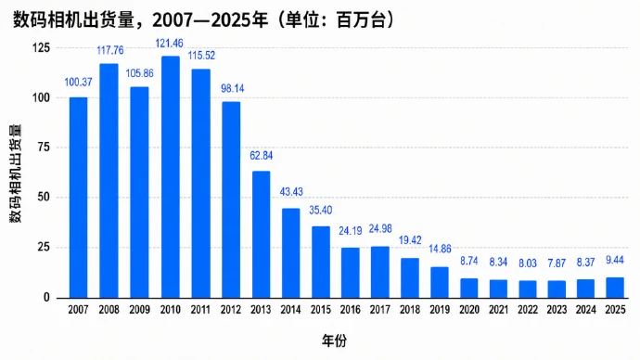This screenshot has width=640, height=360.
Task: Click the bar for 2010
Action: point(171,177)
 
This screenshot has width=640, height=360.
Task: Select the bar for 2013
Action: point(261,235)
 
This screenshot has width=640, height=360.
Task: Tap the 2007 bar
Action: point(78,198)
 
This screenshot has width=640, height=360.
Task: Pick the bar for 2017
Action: point(380,272)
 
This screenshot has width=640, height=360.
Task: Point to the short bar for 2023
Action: point(557,289)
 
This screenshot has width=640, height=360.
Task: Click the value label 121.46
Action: point(170,43)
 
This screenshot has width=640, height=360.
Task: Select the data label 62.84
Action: point(262,156)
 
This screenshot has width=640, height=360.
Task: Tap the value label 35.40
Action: point(320,211)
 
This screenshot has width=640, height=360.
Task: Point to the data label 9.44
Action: point(615,260)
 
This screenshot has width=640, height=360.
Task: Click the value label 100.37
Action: point(78,82)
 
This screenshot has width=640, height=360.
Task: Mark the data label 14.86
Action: point(440,249)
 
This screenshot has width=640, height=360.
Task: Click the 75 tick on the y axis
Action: point(44,148)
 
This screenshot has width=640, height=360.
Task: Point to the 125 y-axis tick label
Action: point(41,47)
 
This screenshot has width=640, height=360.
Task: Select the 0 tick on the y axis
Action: point(46,298)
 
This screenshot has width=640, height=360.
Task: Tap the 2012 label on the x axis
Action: point(231,310)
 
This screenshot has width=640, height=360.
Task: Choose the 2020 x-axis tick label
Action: point(469,310)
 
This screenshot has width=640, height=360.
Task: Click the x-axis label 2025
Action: point(615,310)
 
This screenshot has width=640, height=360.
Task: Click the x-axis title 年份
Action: point(334,340)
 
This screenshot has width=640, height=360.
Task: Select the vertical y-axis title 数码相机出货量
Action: point(16,174)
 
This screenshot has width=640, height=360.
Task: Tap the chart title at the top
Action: point(204,19)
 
